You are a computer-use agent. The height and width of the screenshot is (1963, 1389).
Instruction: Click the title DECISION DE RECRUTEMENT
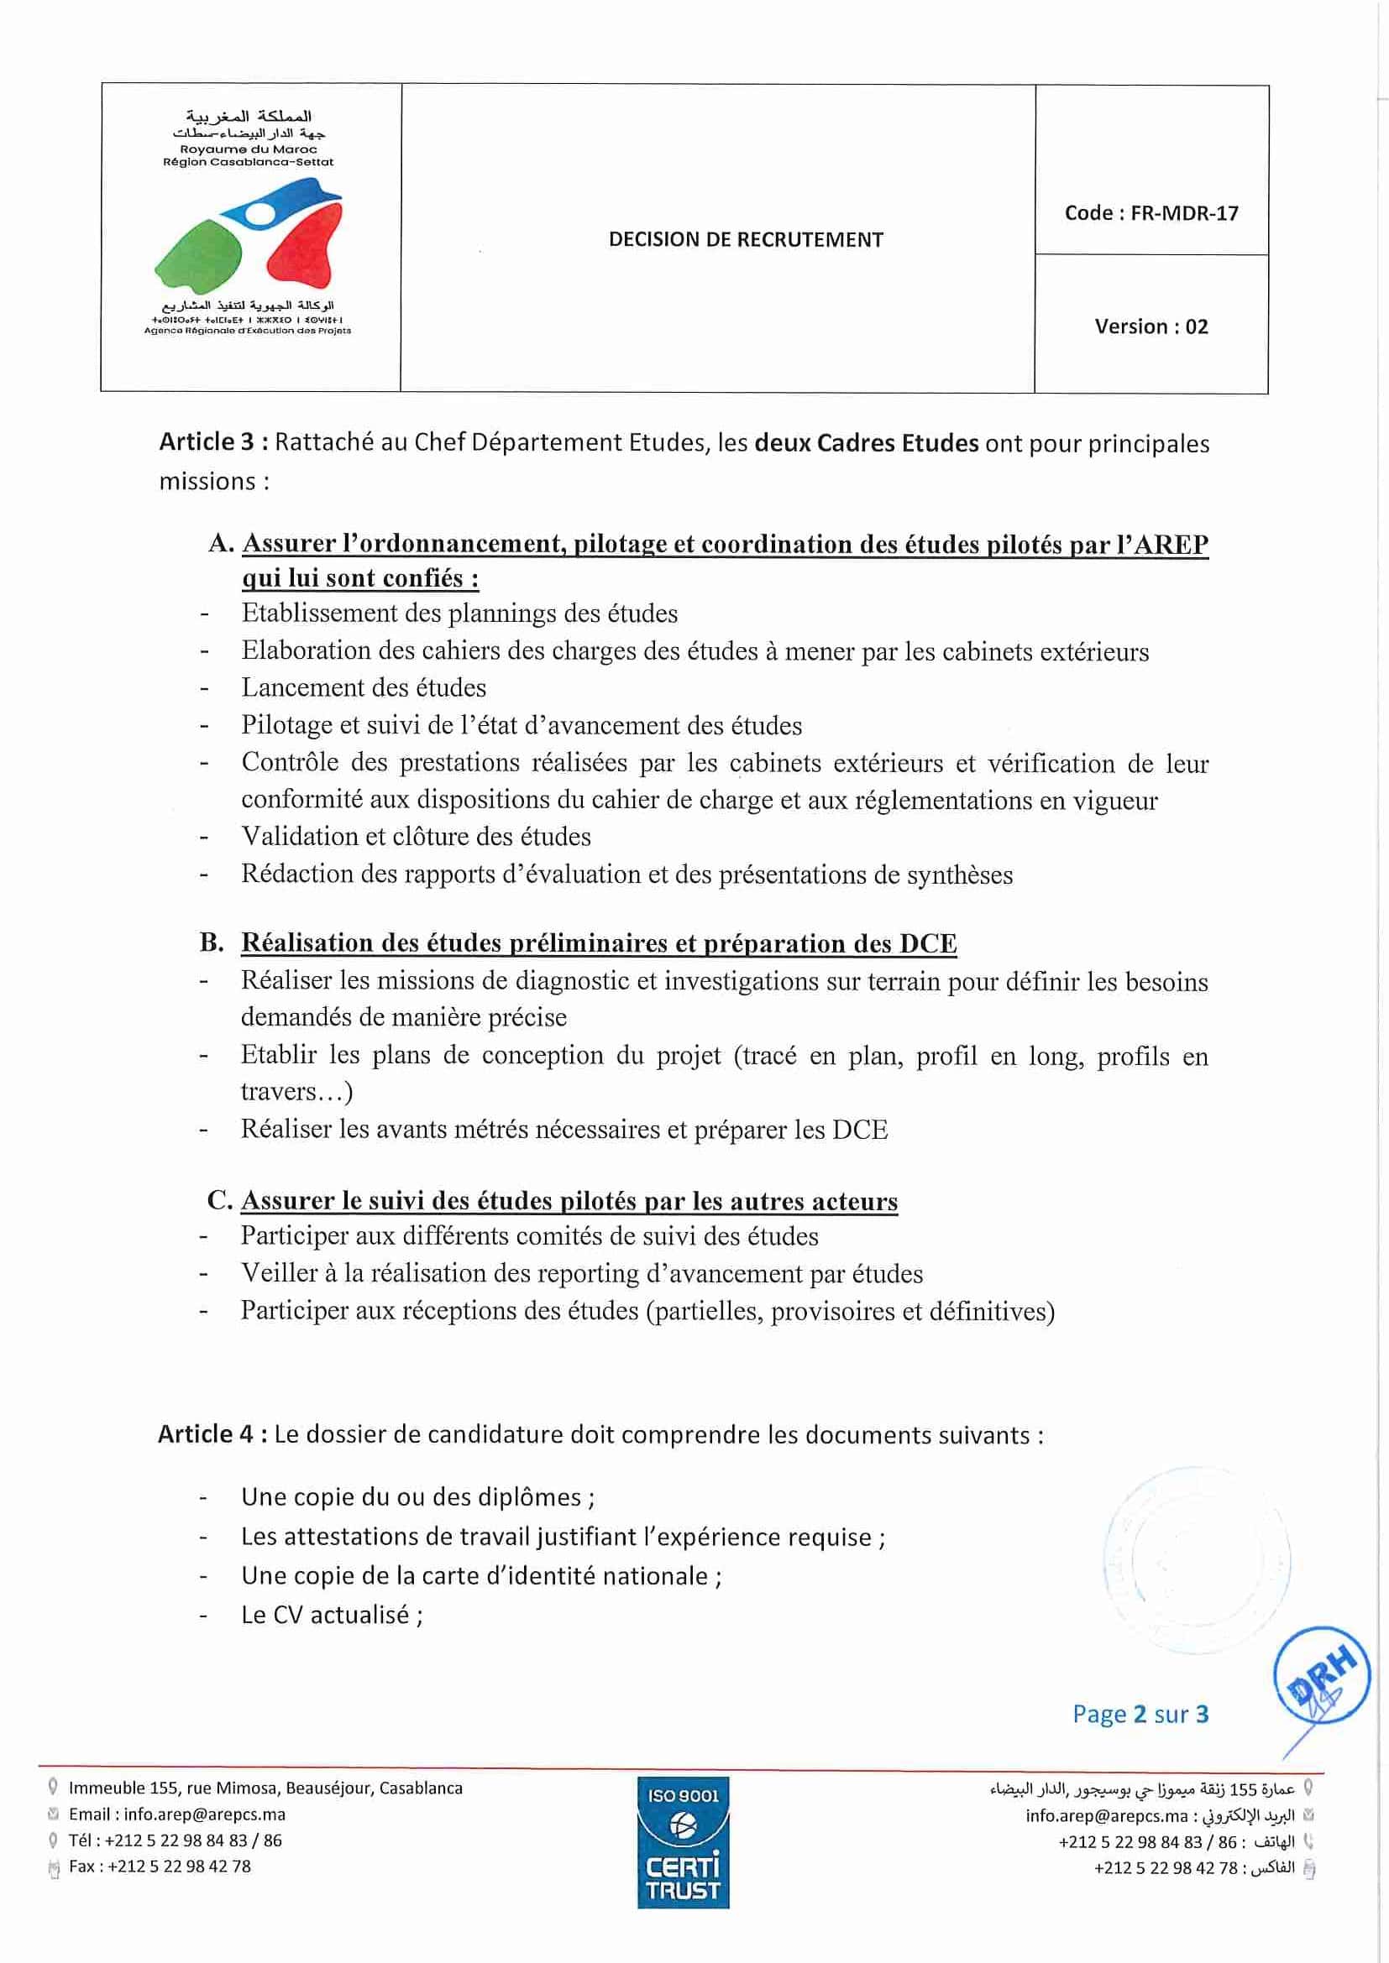point(746,239)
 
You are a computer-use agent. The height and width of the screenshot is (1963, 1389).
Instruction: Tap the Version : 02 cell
point(1151,326)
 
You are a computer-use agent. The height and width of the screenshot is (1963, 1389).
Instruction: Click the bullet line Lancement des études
point(364,687)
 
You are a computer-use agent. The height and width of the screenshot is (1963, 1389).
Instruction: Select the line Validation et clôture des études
point(416,836)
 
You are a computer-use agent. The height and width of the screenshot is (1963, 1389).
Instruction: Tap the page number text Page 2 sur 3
point(1140,1715)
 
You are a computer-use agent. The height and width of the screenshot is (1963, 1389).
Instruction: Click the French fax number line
point(160,1866)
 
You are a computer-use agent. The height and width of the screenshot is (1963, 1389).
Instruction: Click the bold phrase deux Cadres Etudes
point(867,443)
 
